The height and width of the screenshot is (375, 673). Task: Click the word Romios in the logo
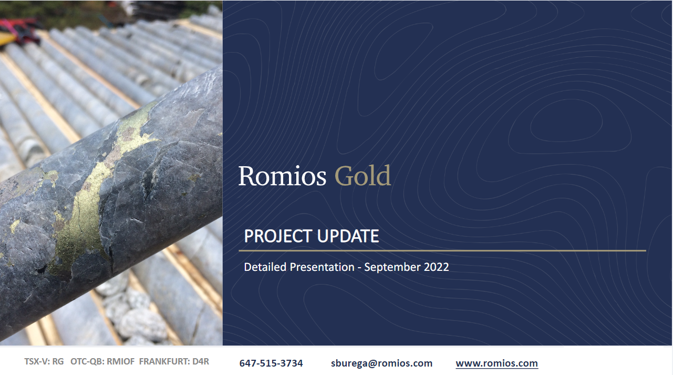click(282, 176)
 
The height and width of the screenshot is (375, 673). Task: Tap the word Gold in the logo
click(363, 175)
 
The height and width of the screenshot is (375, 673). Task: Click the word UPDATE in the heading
click(348, 236)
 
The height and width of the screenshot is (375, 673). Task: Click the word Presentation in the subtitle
click(322, 267)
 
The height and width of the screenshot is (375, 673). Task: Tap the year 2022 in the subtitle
click(436, 267)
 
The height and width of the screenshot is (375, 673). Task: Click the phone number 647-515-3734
click(271, 363)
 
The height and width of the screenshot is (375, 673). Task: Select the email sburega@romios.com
click(381, 363)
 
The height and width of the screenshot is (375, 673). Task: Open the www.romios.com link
click(496, 363)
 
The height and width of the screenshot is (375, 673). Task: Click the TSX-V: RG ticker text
click(44, 361)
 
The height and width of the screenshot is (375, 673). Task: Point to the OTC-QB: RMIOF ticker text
click(102, 361)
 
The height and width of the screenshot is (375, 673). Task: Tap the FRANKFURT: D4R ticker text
click(174, 361)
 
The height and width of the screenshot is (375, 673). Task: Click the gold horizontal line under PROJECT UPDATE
click(442, 250)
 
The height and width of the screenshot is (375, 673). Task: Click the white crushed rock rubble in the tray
click(132, 313)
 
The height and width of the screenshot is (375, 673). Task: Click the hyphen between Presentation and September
click(359, 268)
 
